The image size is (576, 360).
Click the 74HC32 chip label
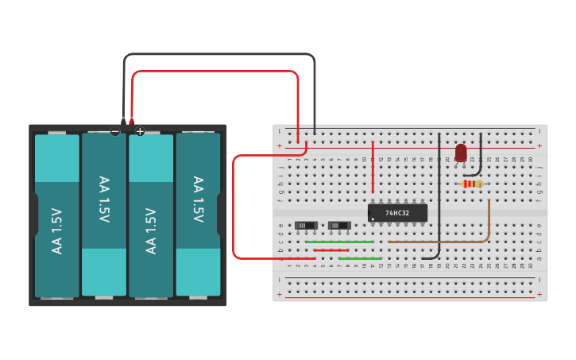[397, 213]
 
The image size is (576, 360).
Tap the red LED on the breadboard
[461, 152]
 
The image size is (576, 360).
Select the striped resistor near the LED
[472, 184]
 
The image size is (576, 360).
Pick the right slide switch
[340, 226]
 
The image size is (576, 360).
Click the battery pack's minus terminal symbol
[115, 131]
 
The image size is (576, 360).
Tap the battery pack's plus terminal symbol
[140, 131]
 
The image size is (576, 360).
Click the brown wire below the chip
[445, 242]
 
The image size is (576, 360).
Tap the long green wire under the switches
[339, 242]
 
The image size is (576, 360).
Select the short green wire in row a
[360, 258]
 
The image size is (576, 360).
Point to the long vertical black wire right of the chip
[439, 199]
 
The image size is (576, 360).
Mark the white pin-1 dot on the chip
[373, 219]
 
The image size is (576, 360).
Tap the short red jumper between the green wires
[331, 250]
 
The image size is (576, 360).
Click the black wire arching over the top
[218, 54]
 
